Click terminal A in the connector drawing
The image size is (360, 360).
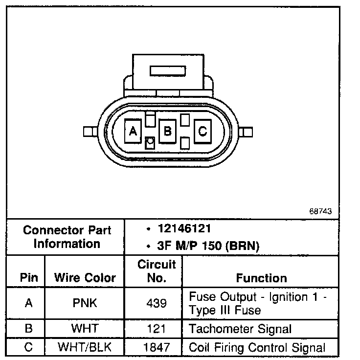click(133, 131)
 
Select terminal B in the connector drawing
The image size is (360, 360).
click(168, 131)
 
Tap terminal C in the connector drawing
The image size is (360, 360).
click(202, 131)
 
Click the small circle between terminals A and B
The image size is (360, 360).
click(151, 142)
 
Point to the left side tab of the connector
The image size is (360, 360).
click(89, 132)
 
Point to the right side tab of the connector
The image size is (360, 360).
click(247, 132)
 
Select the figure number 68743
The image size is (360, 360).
click(320, 212)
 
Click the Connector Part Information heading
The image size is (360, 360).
click(67, 237)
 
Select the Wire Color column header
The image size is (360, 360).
click(85, 278)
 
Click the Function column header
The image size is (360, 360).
click(261, 278)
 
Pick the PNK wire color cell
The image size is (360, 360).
click(85, 303)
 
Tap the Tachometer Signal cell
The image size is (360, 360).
click(240, 329)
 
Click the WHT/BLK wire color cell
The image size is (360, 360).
click(85, 348)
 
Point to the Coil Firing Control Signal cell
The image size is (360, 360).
click(257, 348)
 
